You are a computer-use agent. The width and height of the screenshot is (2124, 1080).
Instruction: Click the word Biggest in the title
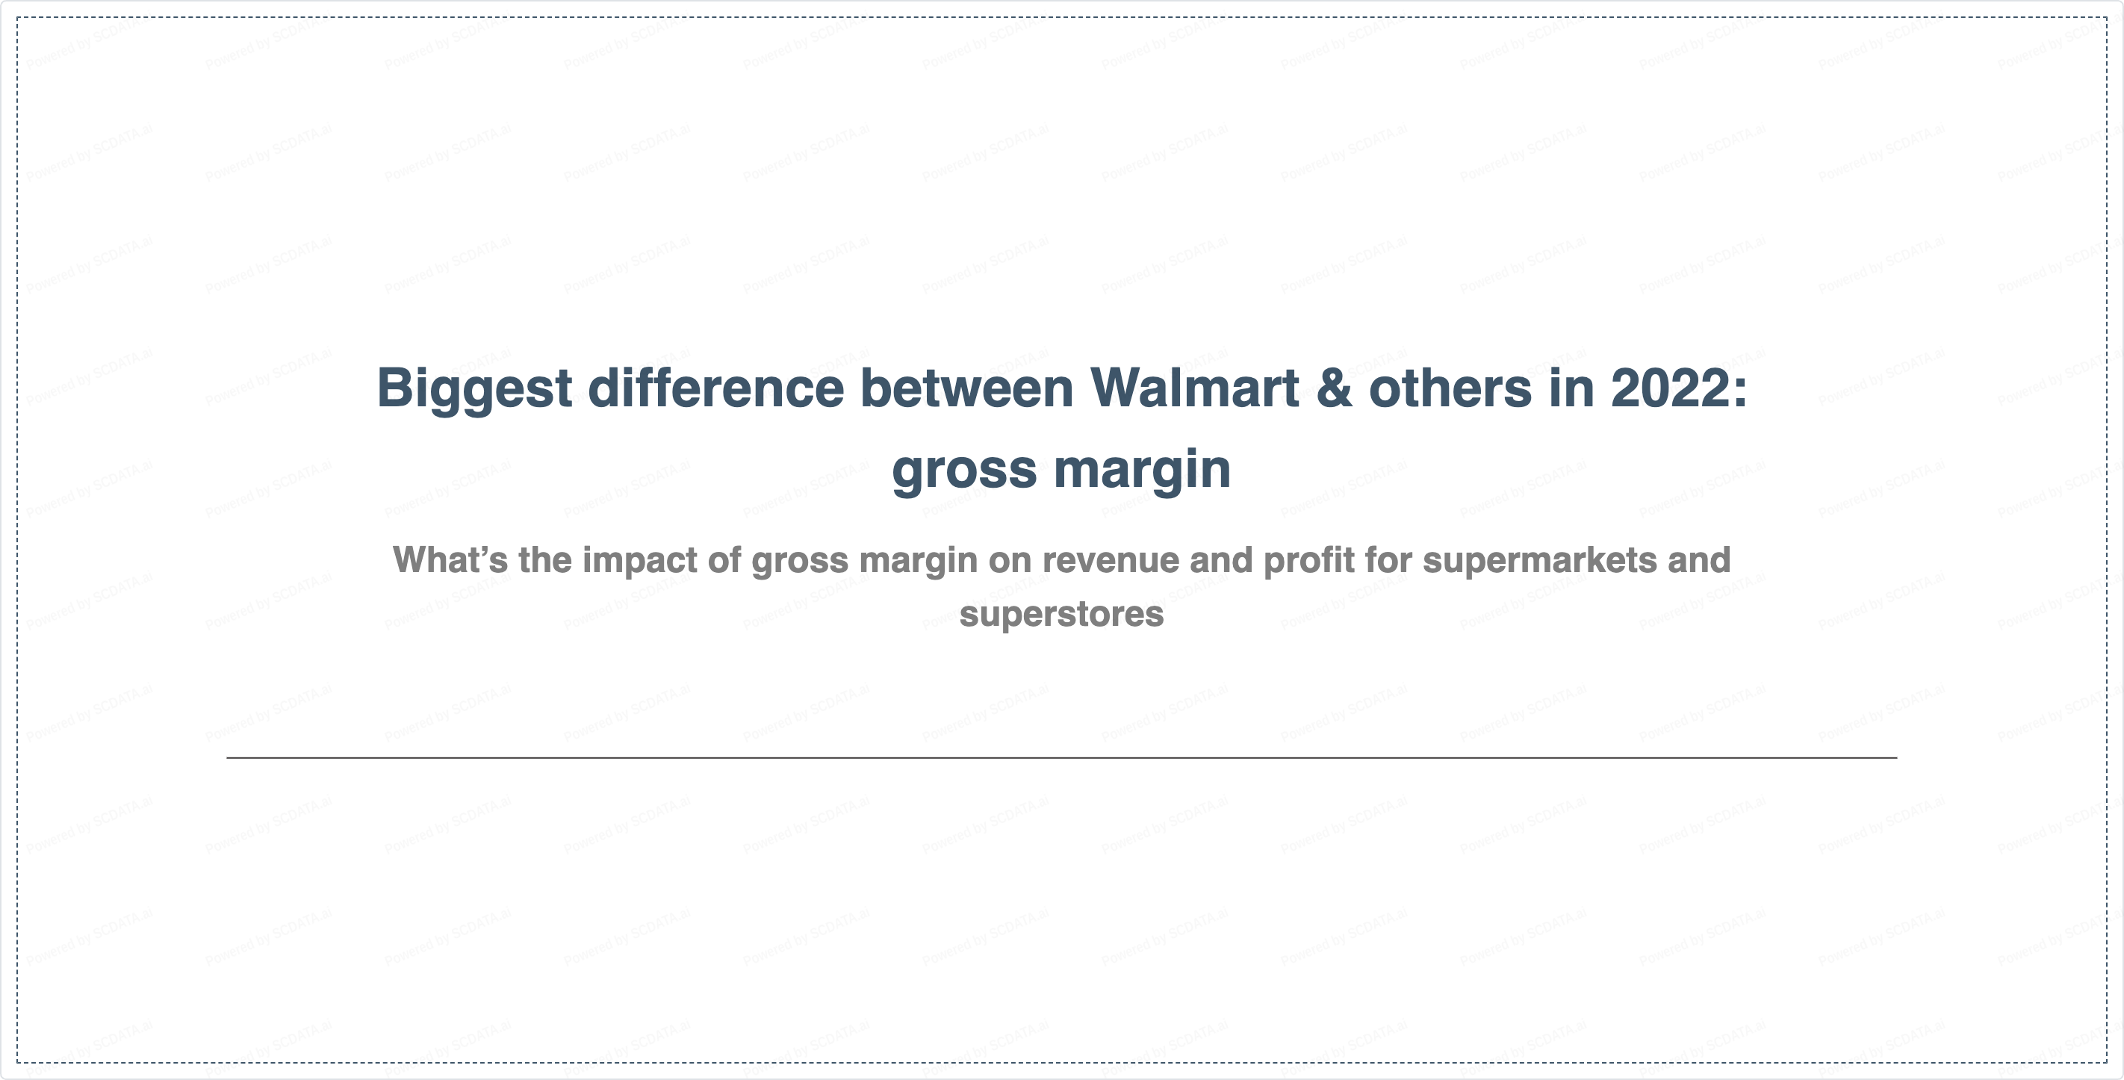[474, 390]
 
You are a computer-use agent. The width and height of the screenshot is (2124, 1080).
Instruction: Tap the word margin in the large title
[1142, 469]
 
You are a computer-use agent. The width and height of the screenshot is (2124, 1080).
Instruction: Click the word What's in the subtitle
[450, 559]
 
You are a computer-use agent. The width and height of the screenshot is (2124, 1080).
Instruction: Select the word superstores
[1062, 615]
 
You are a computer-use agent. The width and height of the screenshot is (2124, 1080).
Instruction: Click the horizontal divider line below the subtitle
[1062, 757]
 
